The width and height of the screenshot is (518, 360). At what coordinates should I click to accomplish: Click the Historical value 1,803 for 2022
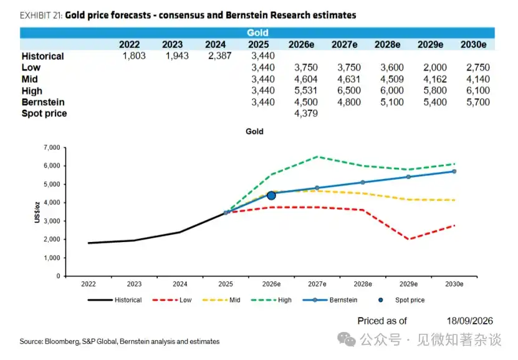coord(134,56)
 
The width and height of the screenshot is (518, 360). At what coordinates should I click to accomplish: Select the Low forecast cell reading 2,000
coord(434,67)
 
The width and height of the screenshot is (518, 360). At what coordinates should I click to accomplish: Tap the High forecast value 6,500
coord(349,90)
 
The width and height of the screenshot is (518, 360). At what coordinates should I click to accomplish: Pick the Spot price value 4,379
coord(306,114)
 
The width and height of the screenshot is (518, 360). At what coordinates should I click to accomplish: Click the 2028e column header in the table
coord(387,44)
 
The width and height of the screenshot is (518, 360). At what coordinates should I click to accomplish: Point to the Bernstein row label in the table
coord(43,102)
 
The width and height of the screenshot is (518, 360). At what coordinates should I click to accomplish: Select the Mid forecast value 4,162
coord(434,79)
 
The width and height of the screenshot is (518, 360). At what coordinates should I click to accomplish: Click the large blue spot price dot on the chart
coord(271,196)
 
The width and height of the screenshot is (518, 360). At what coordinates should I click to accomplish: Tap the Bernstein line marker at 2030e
coord(454,171)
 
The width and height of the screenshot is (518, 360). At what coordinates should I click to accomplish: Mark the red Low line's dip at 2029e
coord(409,239)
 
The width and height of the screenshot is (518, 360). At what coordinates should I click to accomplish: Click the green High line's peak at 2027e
coord(317,157)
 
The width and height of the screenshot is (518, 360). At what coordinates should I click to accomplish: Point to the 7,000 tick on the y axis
coord(52,147)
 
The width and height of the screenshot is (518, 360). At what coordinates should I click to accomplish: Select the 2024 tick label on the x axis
coord(180,284)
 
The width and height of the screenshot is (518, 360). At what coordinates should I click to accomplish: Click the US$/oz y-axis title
coord(37,212)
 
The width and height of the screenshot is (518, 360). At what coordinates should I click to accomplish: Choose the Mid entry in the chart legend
coord(221,300)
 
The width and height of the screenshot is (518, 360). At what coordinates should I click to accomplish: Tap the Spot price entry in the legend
coord(401,300)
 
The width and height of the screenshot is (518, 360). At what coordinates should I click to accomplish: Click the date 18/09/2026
coord(470,321)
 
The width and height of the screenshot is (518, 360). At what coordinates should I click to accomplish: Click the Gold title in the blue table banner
coord(257,32)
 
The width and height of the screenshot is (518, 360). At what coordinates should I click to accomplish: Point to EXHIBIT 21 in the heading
coord(41,15)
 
